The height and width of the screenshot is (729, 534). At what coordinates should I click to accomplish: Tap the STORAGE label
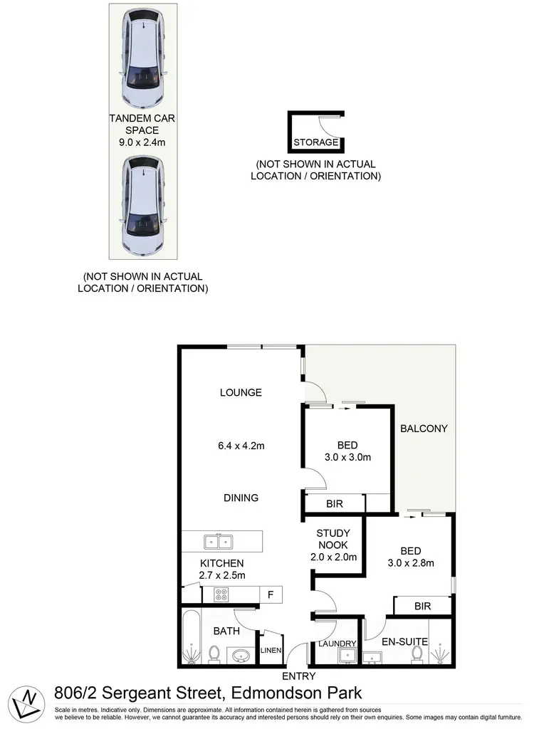315,142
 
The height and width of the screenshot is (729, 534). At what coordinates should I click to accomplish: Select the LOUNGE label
241,392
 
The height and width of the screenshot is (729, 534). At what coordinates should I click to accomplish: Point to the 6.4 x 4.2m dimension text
241,446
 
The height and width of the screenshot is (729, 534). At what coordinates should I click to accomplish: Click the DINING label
241,498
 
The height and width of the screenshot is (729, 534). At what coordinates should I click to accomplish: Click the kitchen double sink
218,542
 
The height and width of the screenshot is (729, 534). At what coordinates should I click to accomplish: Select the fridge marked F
271,594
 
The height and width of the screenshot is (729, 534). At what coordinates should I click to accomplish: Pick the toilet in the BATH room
214,653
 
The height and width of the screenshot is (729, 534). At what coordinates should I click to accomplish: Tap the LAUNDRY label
337,644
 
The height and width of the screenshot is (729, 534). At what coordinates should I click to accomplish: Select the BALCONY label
424,429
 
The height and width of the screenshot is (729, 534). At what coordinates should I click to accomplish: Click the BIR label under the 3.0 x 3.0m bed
335,503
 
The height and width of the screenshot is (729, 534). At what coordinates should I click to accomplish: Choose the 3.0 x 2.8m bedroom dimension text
411,563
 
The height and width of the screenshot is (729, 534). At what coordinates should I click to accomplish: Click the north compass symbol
26,701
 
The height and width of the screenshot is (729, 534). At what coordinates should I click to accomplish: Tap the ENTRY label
298,676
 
